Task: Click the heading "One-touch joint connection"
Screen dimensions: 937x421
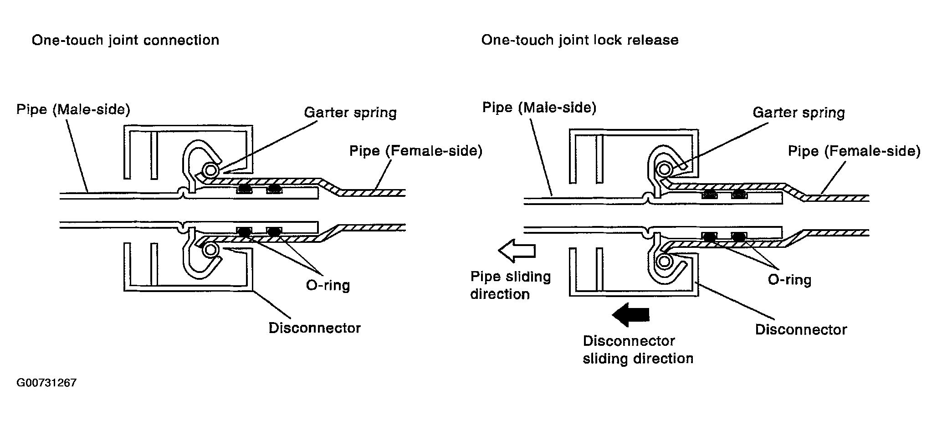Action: [x=125, y=41]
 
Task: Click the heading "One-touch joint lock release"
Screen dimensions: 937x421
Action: [x=580, y=41]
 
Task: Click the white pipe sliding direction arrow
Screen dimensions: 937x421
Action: [x=517, y=251]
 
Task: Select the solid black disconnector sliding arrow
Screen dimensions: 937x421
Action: [x=630, y=315]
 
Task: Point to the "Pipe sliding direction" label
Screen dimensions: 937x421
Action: [x=511, y=286]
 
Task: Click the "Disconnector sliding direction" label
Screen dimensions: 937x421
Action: [x=638, y=350]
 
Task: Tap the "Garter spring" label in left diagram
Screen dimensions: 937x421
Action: [x=350, y=113]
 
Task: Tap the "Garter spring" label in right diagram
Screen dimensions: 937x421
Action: [x=799, y=113]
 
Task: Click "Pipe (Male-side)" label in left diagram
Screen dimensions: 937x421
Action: [x=73, y=110]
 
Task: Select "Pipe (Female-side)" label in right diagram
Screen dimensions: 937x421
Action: [x=854, y=152]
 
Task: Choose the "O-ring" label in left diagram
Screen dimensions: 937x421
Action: [x=328, y=286]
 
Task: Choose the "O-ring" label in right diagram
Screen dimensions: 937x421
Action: [x=790, y=279]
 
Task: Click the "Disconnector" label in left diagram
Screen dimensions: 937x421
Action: [x=315, y=328]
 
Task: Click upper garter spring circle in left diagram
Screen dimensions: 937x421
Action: [x=211, y=170]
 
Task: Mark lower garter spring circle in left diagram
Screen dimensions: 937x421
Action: [x=210, y=249]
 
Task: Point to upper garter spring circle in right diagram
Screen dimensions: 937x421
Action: [x=664, y=169]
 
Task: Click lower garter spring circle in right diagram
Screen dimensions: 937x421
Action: [x=663, y=262]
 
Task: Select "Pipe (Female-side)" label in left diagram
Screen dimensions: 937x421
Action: [x=415, y=151]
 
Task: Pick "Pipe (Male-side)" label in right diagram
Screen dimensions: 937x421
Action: [x=539, y=108]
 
